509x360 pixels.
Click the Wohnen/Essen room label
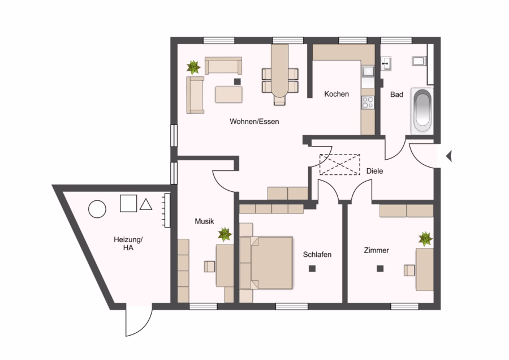(x=254, y=122)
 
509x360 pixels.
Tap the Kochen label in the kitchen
(x=337, y=94)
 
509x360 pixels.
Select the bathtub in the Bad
(x=422, y=111)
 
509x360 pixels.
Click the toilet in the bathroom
(x=419, y=61)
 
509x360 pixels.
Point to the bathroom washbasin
(x=386, y=63)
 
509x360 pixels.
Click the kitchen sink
(x=368, y=71)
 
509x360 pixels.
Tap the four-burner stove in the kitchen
(x=368, y=102)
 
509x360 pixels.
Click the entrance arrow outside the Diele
(x=449, y=156)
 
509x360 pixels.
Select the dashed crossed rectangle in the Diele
(x=339, y=164)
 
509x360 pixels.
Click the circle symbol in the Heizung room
(x=97, y=209)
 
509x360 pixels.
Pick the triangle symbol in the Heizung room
(x=146, y=204)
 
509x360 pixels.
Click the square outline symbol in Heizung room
(x=128, y=203)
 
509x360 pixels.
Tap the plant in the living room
(x=193, y=67)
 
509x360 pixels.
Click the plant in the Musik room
(x=225, y=234)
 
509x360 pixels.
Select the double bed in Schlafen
(x=266, y=263)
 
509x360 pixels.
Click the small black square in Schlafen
(x=312, y=268)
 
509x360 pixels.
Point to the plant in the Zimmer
(x=425, y=239)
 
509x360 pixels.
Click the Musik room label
(x=204, y=221)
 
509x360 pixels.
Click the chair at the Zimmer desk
(x=409, y=271)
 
